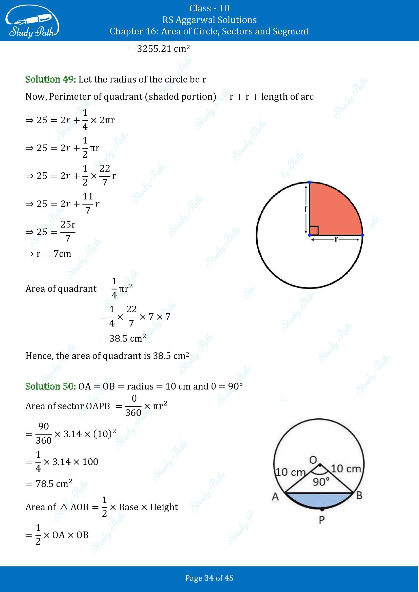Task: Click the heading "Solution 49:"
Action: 51,79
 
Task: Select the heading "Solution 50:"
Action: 51,386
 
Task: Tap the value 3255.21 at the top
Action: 152,49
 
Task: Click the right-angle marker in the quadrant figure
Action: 314,231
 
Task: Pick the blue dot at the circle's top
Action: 310,182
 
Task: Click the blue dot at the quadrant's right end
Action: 363,235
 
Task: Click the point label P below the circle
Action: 322,520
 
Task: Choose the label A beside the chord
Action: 275,496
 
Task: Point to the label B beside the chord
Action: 359,495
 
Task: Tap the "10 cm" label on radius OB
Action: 346,468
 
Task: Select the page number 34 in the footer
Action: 209,578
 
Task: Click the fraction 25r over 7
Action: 68,231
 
